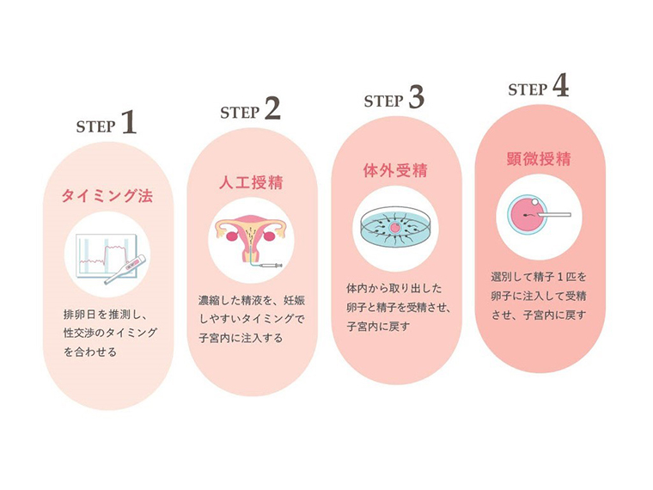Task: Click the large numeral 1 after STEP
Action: [130, 122]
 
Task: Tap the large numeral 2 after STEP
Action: [272, 108]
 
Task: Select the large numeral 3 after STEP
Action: [416, 97]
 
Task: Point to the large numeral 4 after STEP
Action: [560, 85]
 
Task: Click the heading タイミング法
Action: [107, 196]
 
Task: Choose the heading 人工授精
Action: [251, 183]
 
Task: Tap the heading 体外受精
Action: [395, 170]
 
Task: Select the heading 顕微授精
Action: [539, 159]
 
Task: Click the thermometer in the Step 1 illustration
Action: [125, 270]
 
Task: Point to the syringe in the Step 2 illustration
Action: [271, 266]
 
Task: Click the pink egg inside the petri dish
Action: [394, 228]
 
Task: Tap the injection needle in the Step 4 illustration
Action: [553, 215]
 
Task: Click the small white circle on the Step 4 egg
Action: [534, 202]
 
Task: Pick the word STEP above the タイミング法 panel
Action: [95, 126]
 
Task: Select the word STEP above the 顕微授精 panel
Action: [528, 90]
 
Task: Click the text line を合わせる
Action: [90, 352]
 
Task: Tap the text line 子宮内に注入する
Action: [241, 338]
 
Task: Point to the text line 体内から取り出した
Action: [394, 288]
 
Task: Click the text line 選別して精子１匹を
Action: [539, 277]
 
